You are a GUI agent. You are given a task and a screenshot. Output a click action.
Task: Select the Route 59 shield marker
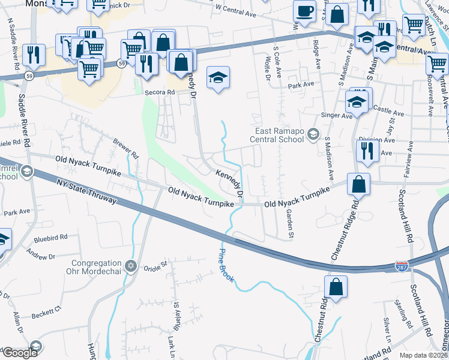122,64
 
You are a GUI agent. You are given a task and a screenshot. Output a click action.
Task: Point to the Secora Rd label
159,92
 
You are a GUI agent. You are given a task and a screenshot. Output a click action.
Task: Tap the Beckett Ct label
47,312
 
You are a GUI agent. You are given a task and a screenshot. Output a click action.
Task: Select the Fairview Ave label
411,162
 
